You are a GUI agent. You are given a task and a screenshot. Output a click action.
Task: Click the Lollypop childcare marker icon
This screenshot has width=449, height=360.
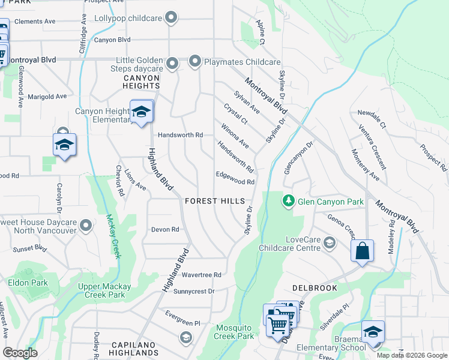(172, 18)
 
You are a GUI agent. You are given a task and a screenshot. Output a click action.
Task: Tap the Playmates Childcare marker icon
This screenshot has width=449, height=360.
(195, 61)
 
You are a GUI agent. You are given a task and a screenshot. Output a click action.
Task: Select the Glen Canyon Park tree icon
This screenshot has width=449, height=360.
(289, 200)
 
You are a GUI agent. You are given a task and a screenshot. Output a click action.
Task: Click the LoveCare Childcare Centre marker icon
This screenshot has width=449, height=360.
(329, 242)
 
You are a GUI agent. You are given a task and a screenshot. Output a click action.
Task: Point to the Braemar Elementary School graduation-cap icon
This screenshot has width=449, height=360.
(373, 332)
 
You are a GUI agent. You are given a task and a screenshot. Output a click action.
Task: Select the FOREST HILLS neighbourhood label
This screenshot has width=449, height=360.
(214, 201)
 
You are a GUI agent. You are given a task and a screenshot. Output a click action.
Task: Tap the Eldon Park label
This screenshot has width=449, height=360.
(28, 282)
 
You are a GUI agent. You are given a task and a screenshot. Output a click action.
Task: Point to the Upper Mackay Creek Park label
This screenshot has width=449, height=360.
(101, 290)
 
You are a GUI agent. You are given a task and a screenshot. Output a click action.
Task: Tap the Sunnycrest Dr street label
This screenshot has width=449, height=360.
(193, 291)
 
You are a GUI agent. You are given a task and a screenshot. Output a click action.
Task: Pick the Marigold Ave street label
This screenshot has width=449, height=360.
(47, 97)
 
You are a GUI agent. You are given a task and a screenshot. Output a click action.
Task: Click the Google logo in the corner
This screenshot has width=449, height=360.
(20, 353)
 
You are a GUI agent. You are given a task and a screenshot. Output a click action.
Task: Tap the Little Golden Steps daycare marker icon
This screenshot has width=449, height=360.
(173, 63)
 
